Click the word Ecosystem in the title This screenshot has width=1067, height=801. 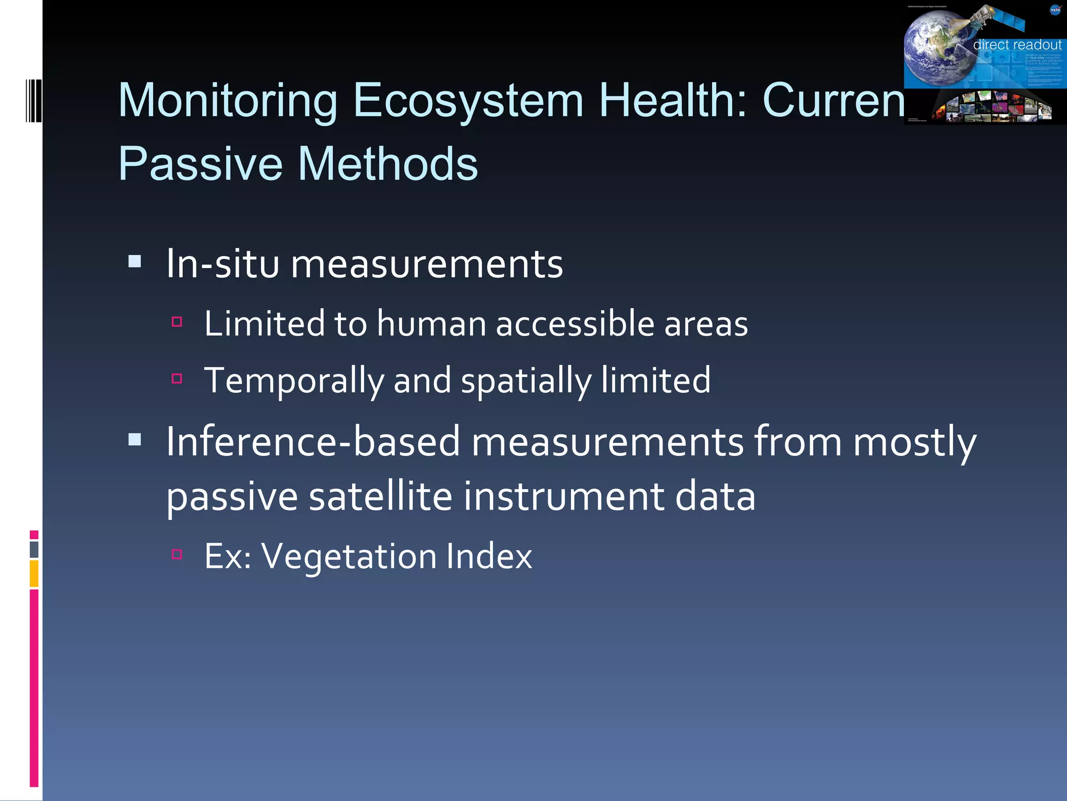tap(468, 100)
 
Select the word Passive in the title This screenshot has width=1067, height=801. tap(201, 164)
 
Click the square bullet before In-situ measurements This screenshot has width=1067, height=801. tap(135, 261)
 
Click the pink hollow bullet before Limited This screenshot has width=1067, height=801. tap(177, 322)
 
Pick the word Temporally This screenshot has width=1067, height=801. tap(294, 381)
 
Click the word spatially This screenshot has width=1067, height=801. tap(526, 381)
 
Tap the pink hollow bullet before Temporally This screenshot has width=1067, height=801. tap(177, 379)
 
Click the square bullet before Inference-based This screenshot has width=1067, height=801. tap(135, 440)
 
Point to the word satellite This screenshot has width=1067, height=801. tap(381, 496)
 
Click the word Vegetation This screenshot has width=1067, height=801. tap(349, 556)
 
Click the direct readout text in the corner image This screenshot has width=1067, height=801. tap(1016, 45)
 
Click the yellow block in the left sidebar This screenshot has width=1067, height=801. tap(34, 573)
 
